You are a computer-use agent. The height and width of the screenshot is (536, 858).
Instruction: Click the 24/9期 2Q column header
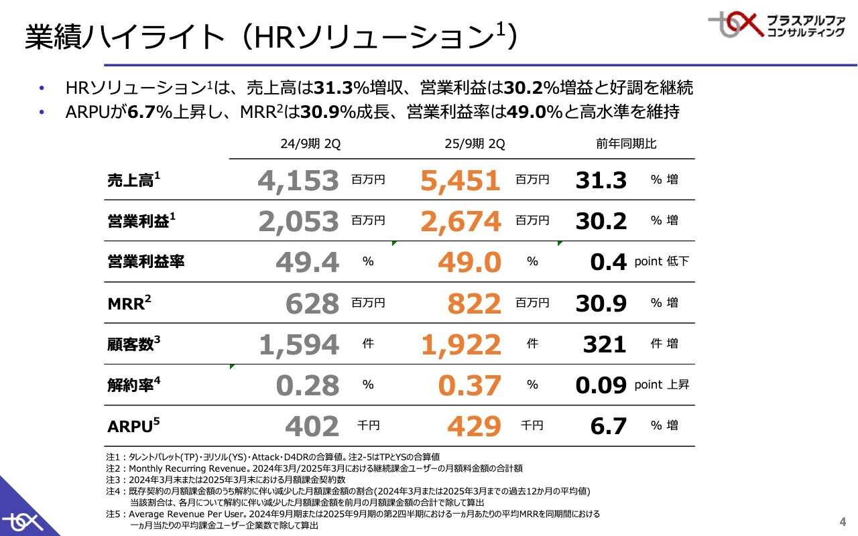point(310,144)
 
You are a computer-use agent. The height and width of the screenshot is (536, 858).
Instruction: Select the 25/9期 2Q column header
point(475,144)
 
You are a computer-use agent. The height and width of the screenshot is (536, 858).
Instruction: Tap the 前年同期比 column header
point(626,144)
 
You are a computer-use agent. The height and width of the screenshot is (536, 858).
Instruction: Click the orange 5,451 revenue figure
point(461,180)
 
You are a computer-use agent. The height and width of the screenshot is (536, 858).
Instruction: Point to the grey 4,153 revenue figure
point(299,180)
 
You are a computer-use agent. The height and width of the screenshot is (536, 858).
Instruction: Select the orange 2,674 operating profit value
point(461,221)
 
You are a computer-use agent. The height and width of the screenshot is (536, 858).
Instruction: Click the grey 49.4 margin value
point(308,262)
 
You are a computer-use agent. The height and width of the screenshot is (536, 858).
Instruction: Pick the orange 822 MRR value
point(474,304)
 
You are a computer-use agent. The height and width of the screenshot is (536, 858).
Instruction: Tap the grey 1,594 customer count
point(299,344)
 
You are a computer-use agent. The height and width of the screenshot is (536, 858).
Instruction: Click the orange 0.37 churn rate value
point(469,385)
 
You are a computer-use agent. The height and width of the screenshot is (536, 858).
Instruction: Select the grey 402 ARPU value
point(312,426)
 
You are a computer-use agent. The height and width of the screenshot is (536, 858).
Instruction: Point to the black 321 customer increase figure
point(604,344)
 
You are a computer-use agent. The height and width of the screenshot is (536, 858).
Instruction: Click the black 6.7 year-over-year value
point(609,426)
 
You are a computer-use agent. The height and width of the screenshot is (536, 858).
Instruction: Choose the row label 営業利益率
point(145,262)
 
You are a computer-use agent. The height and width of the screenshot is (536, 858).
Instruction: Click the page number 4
point(843,522)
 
